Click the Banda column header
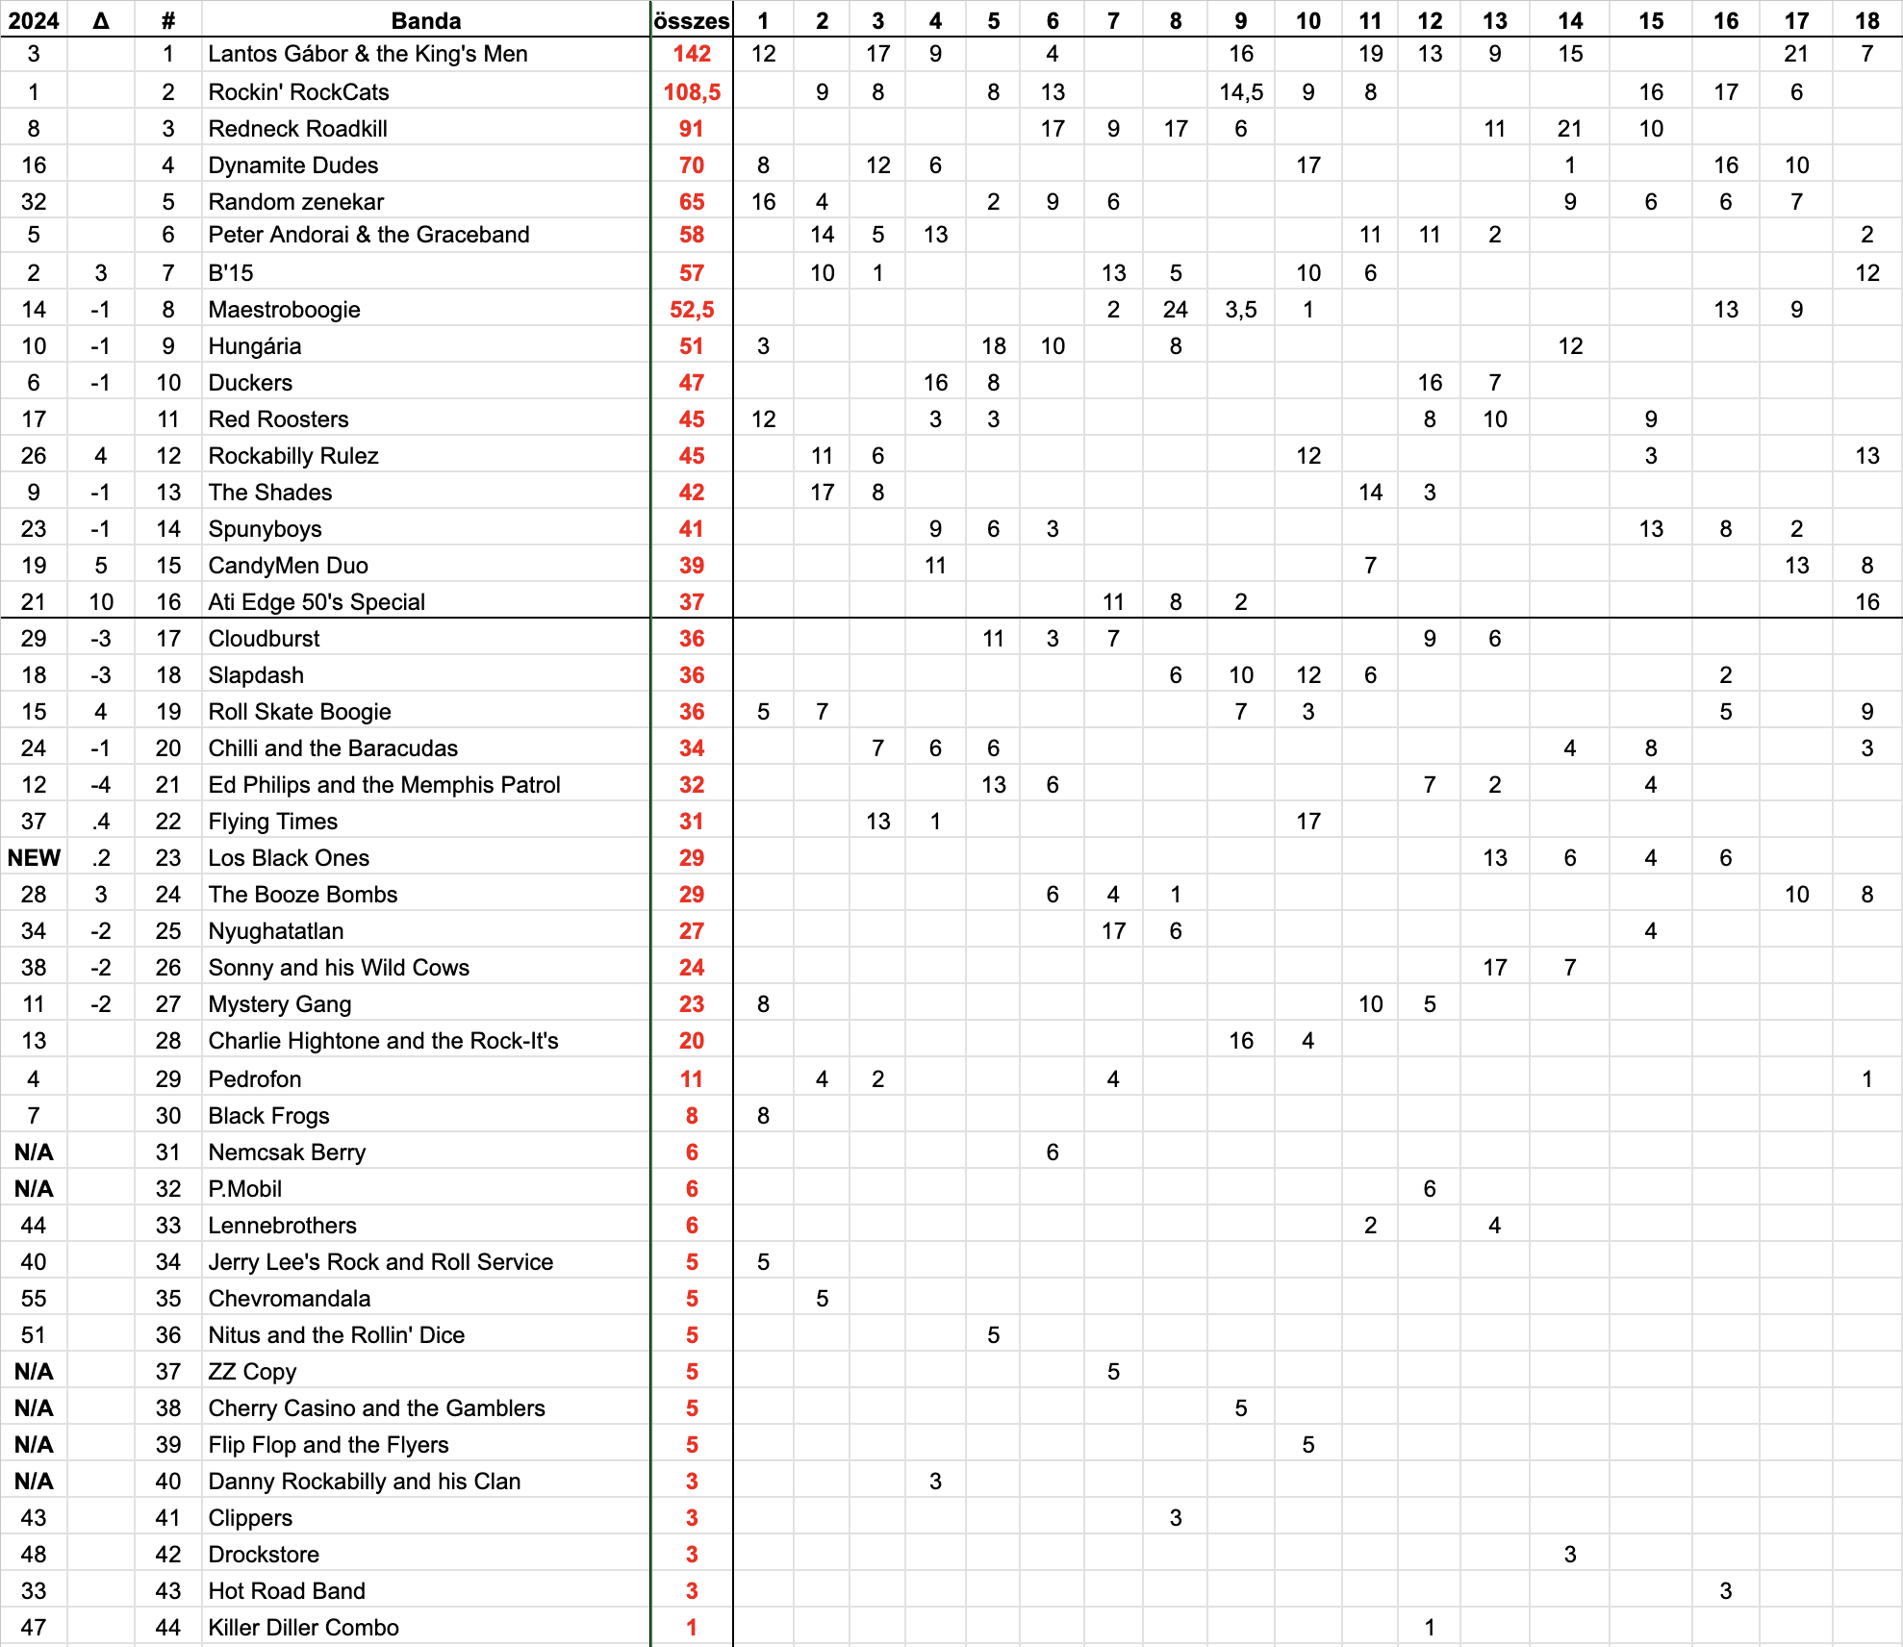click(x=426, y=20)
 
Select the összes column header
click(x=692, y=20)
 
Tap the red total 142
click(x=692, y=54)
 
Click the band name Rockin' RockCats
click(x=298, y=92)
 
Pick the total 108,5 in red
click(x=692, y=92)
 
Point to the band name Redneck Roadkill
click(x=297, y=129)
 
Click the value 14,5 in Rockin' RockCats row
click(x=1240, y=92)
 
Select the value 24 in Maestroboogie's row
click(x=1175, y=310)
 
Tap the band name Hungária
click(x=254, y=346)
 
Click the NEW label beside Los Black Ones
click(x=34, y=858)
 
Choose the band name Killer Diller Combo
click(x=303, y=1628)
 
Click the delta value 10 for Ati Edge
click(x=101, y=602)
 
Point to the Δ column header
click(x=101, y=20)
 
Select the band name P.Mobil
click(x=244, y=1189)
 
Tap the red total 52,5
click(x=692, y=310)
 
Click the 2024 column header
click(x=34, y=20)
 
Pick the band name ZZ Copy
click(x=252, y=1372)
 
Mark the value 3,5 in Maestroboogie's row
click(x=1240, y=310)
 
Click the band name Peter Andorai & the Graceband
click(x=368, y=235)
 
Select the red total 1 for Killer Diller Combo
click(x=692, y=1628)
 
